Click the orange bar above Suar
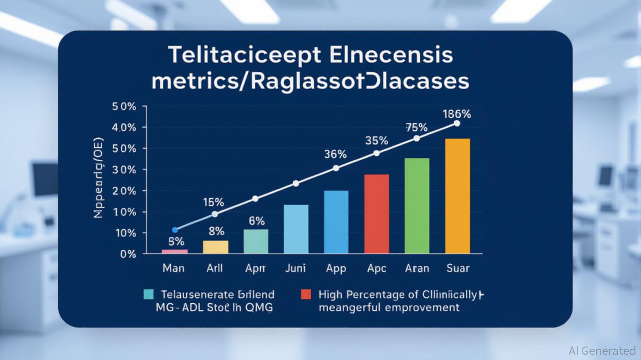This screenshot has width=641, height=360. [x=457, y=196]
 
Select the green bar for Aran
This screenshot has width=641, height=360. [x=417, y=206]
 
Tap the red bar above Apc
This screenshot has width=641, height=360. [x=376, y=214]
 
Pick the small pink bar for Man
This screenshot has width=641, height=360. [x=175, y=252]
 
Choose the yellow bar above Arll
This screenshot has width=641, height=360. [x=216, y=247]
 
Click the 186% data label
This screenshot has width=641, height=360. [x=456, y=114]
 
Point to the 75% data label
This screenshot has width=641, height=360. [x=416, y=127]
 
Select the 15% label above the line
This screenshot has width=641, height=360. [x=213, y=202]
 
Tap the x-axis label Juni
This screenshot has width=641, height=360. [x=296, y=268]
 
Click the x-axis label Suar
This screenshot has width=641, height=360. [x=457, y=268]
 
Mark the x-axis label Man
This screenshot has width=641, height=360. [x=173, y=268]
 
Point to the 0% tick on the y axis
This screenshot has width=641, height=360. [x=128, y=255]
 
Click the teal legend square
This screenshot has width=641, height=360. [x=149, y=294]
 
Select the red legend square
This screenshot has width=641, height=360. [x=306, y=294]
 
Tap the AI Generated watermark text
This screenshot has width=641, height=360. [x=602, y=351]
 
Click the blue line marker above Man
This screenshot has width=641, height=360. [x=175, y=230]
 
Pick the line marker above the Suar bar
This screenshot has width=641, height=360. [x=457, y=123]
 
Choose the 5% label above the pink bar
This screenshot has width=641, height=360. [x=176, y=242]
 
